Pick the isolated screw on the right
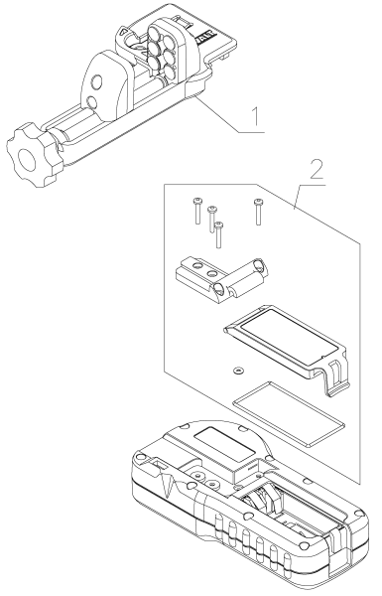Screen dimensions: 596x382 coord(258,210)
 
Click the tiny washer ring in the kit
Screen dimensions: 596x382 coord(237,371)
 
